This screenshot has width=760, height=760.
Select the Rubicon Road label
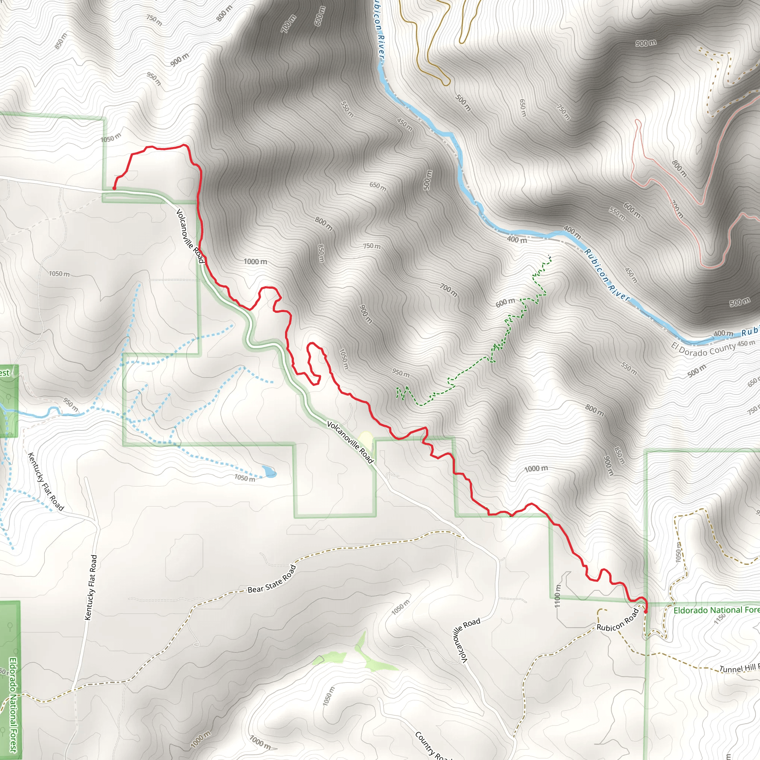(617, 620)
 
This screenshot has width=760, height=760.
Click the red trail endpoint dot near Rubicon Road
(646, 612)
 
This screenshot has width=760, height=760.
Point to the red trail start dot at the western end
(114, 189)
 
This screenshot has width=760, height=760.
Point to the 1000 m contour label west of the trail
(255, 262)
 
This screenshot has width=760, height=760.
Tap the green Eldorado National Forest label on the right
(716, 610)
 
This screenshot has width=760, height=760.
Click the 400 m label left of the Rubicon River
(517, 240)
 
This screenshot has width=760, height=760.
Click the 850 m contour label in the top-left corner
(60, 41)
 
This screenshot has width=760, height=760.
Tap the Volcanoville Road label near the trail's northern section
(190, 236)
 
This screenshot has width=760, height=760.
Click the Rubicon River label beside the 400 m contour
(607, 274)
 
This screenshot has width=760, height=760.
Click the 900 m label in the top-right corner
(646, 43)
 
